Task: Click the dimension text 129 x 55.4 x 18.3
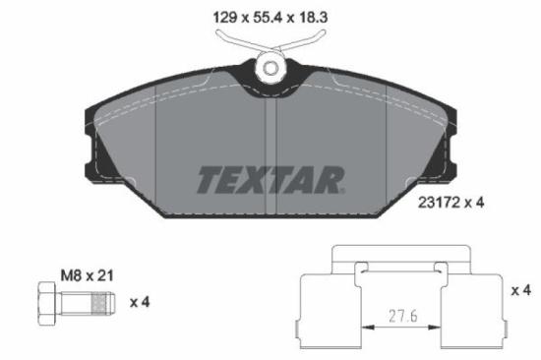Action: (270, 16)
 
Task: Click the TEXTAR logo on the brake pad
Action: (270, 179)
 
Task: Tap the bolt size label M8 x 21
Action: (87, 276)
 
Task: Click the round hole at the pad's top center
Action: (270, 68)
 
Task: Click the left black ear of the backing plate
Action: (96, 157)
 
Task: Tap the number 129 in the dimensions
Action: (225, 16)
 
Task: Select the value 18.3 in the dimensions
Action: (315, 16)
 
